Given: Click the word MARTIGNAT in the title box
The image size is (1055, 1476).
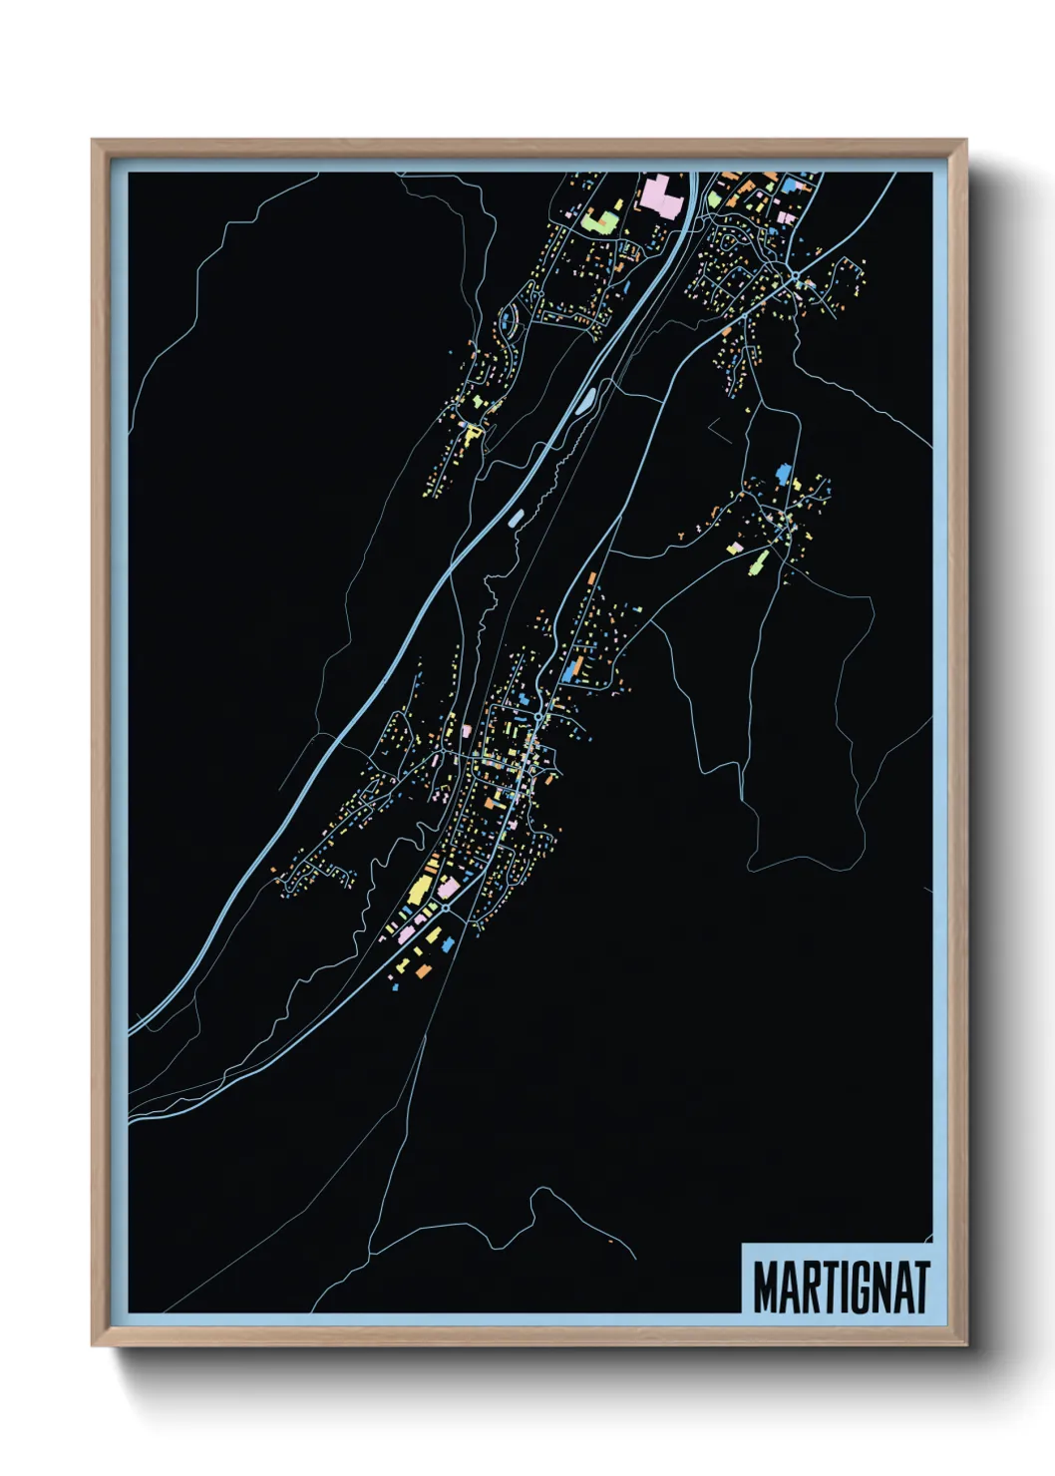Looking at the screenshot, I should coord(841,1287).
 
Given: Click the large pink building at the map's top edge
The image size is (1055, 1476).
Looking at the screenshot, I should coord(660,193).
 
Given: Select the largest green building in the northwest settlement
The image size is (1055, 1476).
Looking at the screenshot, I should coord(599,220).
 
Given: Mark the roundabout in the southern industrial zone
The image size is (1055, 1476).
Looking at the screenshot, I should coord(443,909).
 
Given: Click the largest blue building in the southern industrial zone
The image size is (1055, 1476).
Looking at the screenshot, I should coord(448,943).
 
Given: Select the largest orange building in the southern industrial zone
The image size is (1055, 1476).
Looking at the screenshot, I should coord(424,970).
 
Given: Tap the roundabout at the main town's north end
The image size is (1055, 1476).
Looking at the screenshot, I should coord(538,716).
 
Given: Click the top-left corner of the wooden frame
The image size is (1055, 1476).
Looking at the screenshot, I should coord(93,141).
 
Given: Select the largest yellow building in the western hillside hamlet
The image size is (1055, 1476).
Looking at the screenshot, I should coord(470,432).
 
